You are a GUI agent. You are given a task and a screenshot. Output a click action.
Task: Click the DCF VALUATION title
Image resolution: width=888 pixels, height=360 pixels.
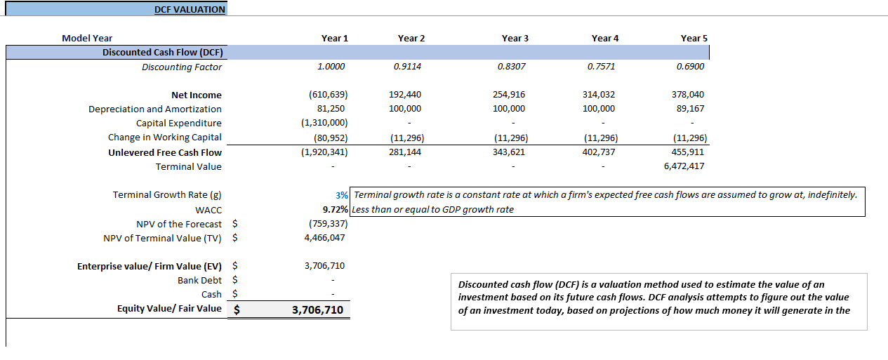(190, 10)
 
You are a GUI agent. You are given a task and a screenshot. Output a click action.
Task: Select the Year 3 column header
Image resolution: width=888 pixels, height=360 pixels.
(515, 39)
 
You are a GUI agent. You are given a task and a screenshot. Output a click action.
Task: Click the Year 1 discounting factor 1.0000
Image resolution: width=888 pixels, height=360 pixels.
(331, 67)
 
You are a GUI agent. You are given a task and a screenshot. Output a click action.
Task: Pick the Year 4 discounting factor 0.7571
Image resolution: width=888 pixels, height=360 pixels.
(601, 67)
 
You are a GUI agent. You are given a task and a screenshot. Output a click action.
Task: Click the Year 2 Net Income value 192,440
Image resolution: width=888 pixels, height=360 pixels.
(405, 95)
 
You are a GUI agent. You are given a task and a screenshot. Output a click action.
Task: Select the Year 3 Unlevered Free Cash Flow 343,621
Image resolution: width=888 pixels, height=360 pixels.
(509, 152)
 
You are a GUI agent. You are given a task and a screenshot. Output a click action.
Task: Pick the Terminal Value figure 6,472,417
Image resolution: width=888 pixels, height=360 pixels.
(684, 166)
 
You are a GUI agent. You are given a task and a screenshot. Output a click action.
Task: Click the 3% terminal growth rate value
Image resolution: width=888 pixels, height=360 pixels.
(342, 195)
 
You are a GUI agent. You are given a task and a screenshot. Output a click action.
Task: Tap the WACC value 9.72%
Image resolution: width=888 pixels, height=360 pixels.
(335, 210)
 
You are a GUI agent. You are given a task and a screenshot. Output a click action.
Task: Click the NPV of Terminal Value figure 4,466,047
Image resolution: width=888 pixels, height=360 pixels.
(324, 238)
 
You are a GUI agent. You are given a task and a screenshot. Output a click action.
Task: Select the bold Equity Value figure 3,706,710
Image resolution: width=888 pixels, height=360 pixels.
(317, 309)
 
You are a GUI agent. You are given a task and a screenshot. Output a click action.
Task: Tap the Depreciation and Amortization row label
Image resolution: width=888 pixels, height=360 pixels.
(154, 109)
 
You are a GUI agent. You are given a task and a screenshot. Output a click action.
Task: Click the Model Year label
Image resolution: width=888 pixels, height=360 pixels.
(87, 39)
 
